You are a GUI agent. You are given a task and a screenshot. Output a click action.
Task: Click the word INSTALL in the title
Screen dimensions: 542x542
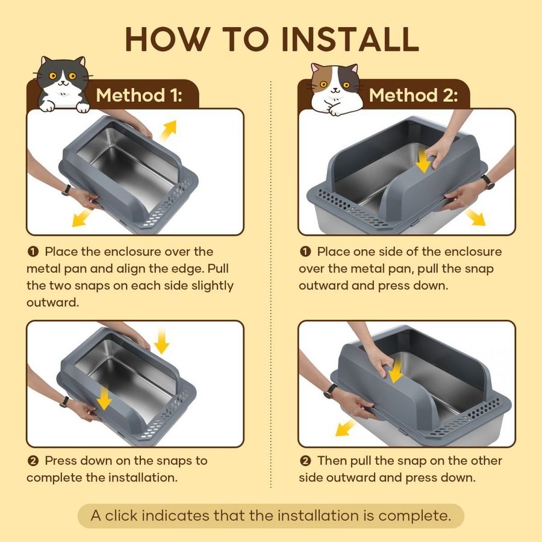pos(350,39)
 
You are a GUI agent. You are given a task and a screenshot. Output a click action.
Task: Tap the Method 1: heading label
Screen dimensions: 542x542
pos(139,95)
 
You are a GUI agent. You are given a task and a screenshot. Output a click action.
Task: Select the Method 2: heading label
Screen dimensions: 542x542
pos(413,95)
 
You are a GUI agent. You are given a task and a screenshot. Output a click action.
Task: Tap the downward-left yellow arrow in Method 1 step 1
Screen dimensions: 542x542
pos(81,219)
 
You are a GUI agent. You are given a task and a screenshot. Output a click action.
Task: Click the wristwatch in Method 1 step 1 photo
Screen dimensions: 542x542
pos(66,190)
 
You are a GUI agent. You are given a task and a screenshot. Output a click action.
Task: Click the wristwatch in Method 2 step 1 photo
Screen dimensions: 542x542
pos(488,181)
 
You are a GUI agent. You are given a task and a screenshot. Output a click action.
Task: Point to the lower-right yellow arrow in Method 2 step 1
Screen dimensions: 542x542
pos(476,217)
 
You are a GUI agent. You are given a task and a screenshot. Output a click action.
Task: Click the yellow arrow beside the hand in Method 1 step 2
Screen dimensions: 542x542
pos(161,341)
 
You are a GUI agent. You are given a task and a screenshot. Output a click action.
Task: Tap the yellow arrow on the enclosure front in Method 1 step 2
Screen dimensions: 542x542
pos(104,397)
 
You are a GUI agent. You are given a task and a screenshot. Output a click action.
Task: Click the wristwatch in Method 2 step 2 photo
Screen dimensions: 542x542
pos(330,391)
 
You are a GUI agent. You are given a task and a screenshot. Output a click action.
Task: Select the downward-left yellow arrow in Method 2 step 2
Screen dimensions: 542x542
pos(345,428)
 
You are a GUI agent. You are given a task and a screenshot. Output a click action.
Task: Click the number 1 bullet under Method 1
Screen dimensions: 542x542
pos(33,252)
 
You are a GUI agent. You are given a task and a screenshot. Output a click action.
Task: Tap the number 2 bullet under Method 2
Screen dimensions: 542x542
pos(305,461)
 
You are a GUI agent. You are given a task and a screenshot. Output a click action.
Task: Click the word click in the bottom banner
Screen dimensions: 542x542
pos(121,516)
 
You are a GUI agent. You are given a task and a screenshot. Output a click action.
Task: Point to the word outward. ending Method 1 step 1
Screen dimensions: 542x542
pos(53,302)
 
